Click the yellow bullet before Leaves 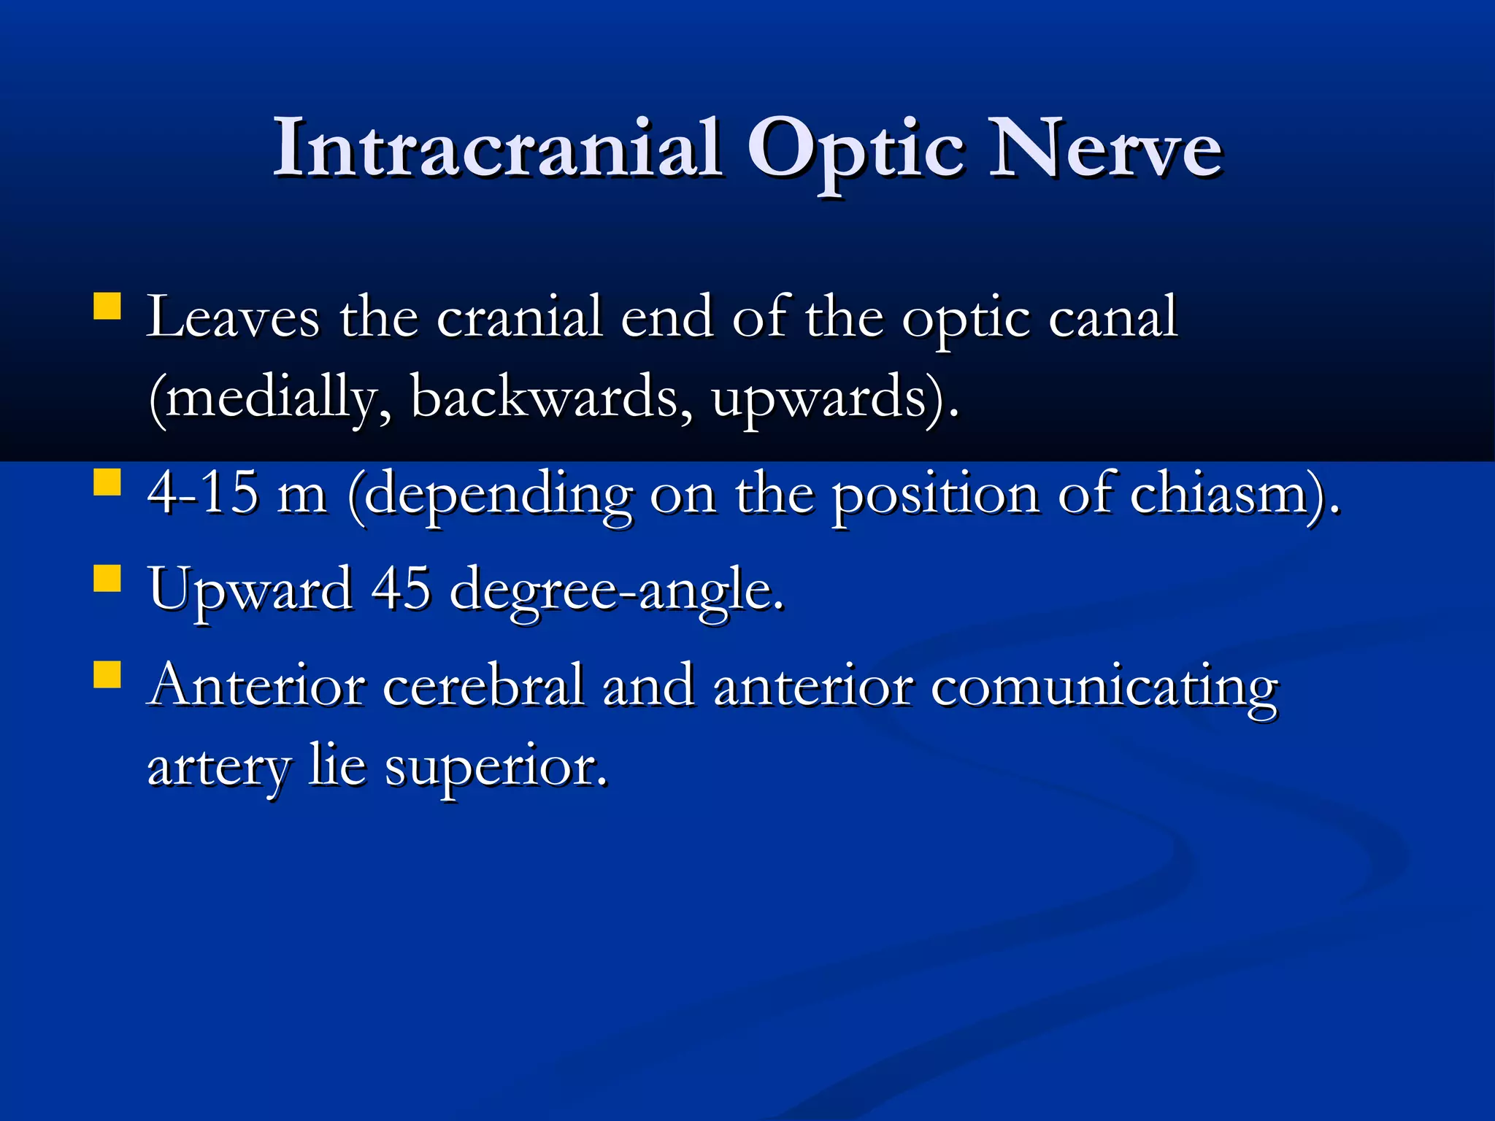107,307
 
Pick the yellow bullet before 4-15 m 107,482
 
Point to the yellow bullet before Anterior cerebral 107,674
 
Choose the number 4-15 203,493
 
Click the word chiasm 1226,493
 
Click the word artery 219,768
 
